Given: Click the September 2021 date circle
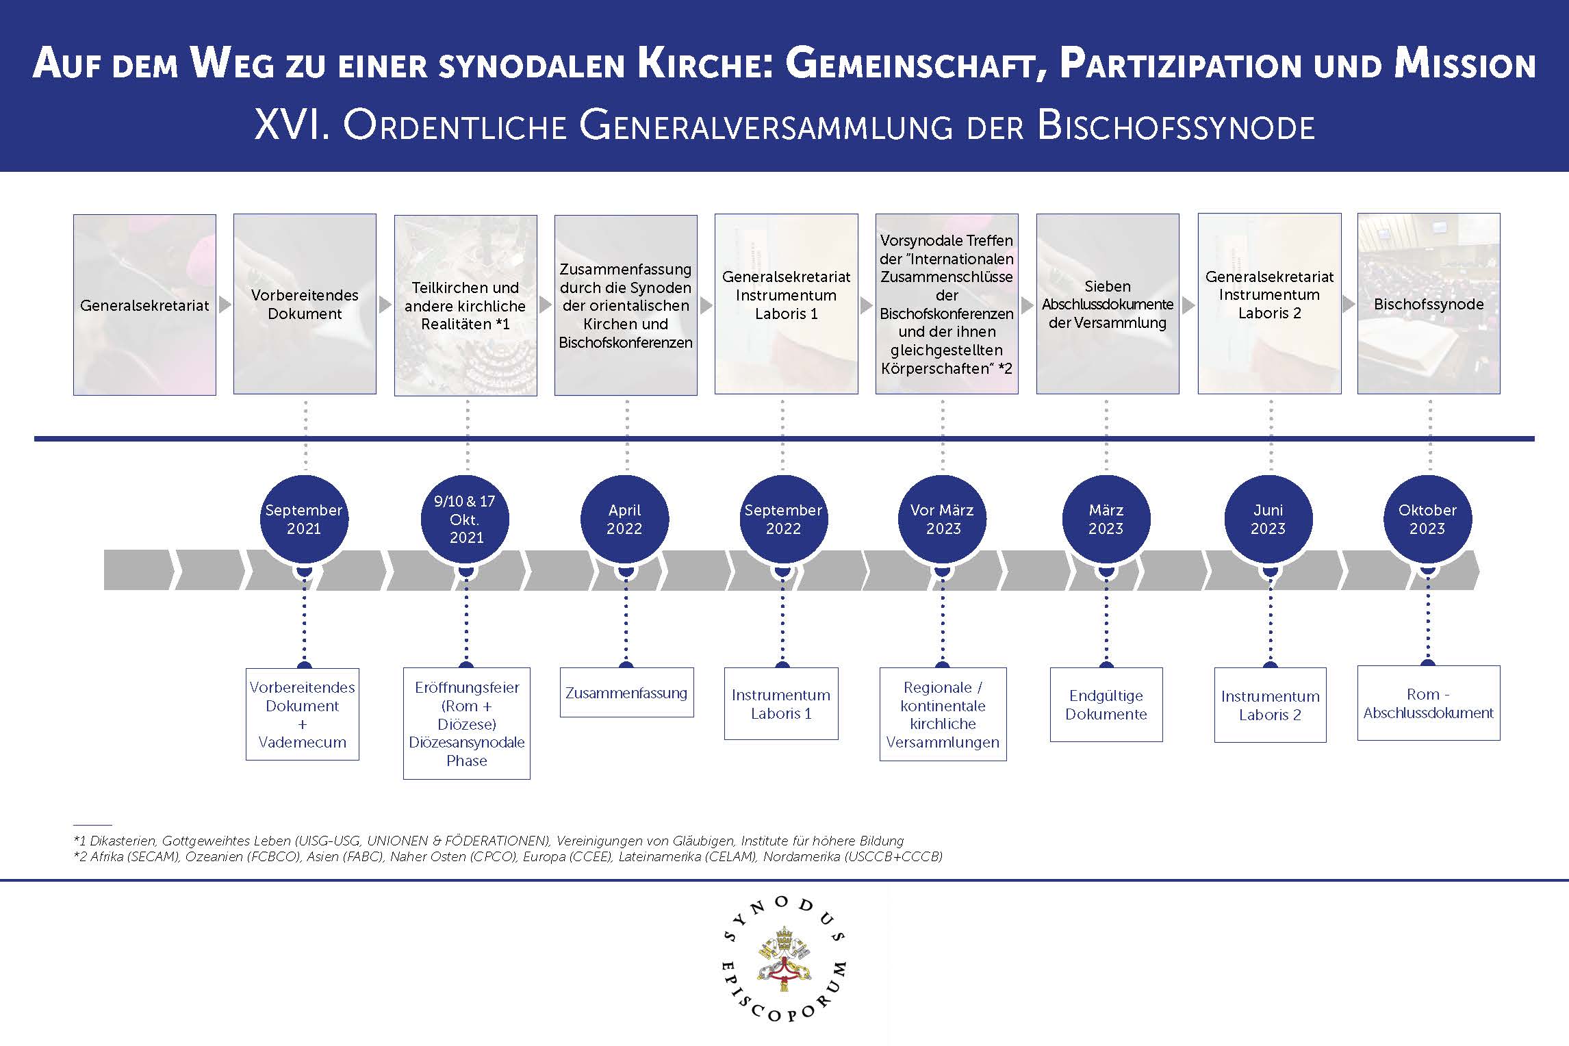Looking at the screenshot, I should (x=304, y=519).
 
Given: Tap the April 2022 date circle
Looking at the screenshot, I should (x=624, y=519).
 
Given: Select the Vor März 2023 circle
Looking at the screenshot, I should (x=943, y=519).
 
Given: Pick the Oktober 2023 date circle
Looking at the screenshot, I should (x=1427, y=519).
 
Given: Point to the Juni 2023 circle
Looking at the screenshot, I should (x=1268, y=519).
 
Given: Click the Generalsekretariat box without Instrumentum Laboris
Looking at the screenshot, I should (x=144, y=305).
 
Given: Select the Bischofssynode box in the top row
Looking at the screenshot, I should (x=1429, y=304).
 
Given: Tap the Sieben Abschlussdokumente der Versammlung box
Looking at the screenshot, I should (x=1108, y=304).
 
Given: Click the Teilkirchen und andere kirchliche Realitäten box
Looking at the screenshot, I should (x=465, y=305).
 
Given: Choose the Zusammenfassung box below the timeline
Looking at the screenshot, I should (x=626, y=693).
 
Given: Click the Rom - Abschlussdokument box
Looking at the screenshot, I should (x=1428, y=703).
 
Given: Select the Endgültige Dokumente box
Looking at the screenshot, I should (x=1106, y=704).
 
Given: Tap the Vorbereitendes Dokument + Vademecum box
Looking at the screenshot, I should (x=303, y=714).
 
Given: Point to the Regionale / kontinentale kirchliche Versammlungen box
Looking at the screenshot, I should (x=943, y=714).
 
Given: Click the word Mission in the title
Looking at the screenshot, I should (x=1465, y=65).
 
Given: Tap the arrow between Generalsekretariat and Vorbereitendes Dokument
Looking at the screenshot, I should (x=225, y=305).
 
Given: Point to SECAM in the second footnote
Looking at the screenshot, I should (x=153, y=856).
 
